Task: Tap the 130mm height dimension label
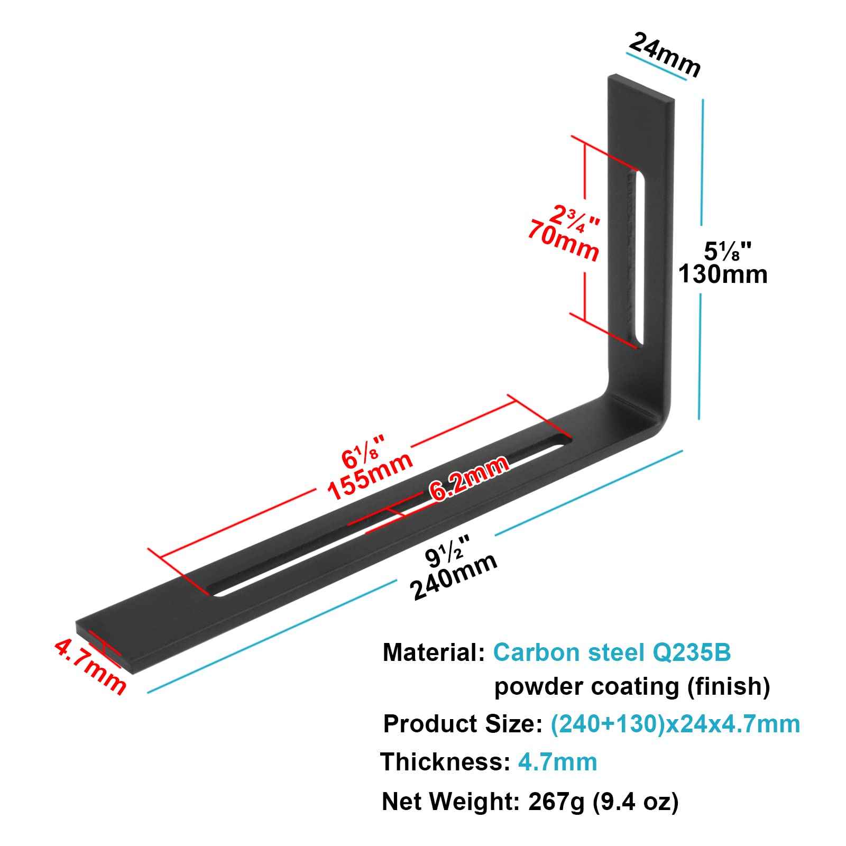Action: tap(723, 274)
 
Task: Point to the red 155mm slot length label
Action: tap(370, 476)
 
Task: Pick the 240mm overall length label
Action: tap(454, 577)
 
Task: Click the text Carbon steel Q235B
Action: tap(612, 652)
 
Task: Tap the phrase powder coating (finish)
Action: tap(632, 687)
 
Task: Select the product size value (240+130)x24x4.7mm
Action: tap(675, 724)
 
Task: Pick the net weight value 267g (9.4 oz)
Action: tap(603, 802)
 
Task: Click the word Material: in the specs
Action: tap(434, 652)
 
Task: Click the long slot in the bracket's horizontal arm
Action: tap(391, 517)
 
